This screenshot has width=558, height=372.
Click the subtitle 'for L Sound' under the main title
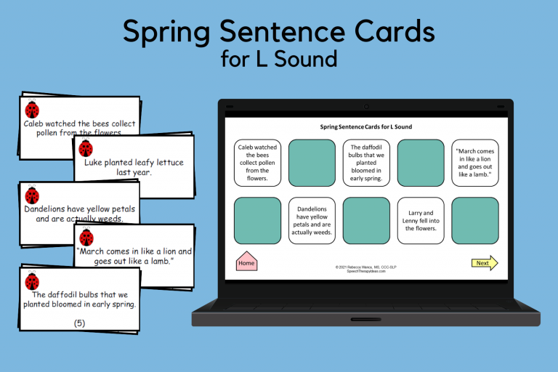click(x=279, y=59)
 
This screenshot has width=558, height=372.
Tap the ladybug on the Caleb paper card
click(x=32, y=110)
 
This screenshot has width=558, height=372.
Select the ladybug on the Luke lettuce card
click(x=86, y=148)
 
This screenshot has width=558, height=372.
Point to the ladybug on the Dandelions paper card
click(x=32, y=195)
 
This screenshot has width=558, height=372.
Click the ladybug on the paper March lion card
click(x=86, y=237)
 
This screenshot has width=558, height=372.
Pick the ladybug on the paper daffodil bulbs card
click(x=32, y=281)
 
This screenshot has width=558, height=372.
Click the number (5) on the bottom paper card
click(x=79, y=323)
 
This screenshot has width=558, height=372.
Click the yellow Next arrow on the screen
click(x=484, y=263)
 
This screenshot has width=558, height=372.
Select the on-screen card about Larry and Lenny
click(x=421, y=220)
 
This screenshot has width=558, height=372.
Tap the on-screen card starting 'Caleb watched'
click(x=257, y=163)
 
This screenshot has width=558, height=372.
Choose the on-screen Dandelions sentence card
click(x=312, y=220)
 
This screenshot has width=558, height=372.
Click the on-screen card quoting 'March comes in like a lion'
click(x=474, y=163)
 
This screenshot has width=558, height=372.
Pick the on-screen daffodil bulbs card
click(x=366, y=163)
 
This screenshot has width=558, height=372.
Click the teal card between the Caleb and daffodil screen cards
click(x=312, y=163)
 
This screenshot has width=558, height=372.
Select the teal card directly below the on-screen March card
click(x=474, y=220)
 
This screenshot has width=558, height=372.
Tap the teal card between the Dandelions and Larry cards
click(x=366, y=220)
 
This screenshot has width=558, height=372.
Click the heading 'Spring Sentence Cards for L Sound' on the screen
click(x=366, y=126)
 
